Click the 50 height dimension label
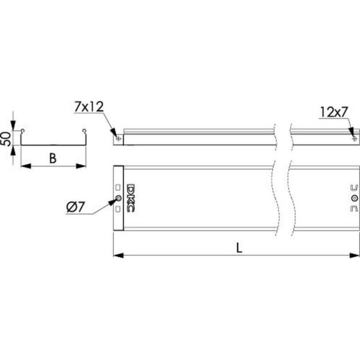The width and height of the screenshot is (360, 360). click(6, 139)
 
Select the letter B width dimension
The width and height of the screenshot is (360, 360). click(53, 158)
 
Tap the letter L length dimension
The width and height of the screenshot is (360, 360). click(239, 248)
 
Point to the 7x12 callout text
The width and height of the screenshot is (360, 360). click(89, 107)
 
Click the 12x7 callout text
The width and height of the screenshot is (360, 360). click(334, 112)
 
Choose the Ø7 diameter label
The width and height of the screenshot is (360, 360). click(76, 207)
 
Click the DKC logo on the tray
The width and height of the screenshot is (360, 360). click(131, 198)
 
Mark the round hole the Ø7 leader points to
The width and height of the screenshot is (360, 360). click(118, 198)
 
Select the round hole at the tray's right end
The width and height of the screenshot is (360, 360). click(354, 198)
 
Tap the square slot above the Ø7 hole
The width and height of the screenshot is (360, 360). click(118, 187)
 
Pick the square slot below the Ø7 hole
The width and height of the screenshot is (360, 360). click(118, 210)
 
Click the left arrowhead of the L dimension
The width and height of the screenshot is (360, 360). click(118, 256)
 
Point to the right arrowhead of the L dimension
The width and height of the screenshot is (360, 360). click(354, 256)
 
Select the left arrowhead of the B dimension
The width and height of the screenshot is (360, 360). click(26, 166)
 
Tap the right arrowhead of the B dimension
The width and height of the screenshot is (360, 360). click(81, 166)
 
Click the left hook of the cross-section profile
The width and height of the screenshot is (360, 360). click(22, 131)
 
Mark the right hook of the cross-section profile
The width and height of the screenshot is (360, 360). click(84, 131)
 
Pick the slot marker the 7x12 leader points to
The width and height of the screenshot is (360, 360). click(118, 138)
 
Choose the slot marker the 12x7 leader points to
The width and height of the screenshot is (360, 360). click(354, 139)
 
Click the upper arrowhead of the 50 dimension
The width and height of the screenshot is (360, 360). click(13, 125)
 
